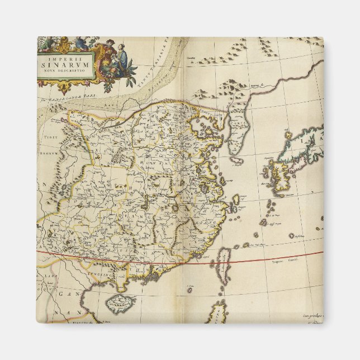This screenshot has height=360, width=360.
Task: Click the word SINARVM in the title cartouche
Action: (x=61, y=63)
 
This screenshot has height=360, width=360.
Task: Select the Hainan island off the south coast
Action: (x=120, y=302)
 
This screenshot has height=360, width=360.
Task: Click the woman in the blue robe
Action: (x=121, y=56)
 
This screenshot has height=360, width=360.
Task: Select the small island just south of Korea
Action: (x=237, y=160)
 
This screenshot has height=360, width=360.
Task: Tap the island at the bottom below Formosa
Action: (x=218, y=311)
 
